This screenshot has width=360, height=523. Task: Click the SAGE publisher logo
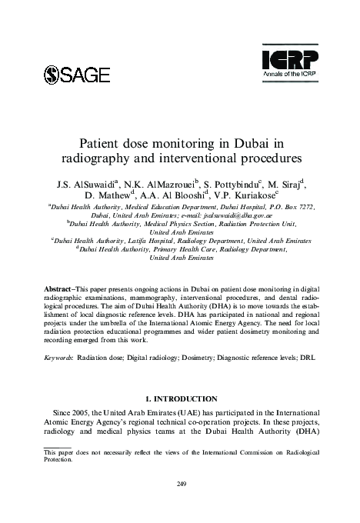point(78,75)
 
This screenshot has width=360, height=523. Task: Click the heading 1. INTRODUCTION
point(179,399)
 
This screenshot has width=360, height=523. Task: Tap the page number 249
point(179,482)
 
